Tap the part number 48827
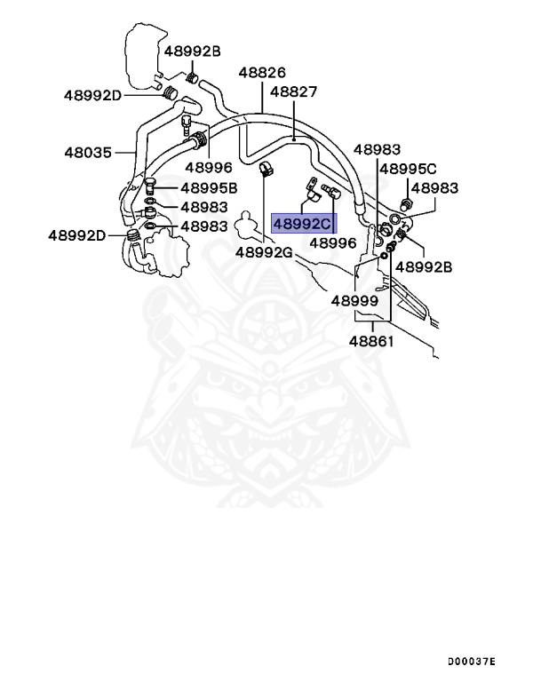tap(294, 91)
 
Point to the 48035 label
tap(87, 152)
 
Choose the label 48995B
tap(209, 188)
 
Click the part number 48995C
tap(408, 169)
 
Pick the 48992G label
tap(264, 252)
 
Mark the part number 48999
tap(355, 300)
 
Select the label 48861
tap(371, 341)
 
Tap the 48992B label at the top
tap(191, 51)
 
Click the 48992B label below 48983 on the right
tap(424, 266)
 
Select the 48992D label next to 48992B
tap(92, 94)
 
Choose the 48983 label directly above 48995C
tap(377, 150)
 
